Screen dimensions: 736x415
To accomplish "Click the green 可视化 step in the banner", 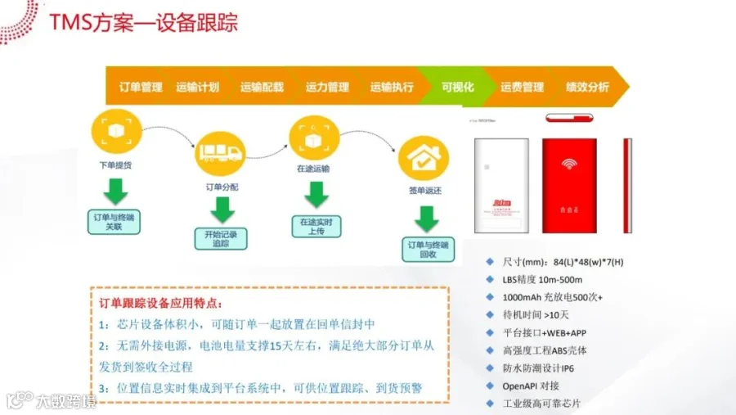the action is pyautogui.click(x=457, y=88).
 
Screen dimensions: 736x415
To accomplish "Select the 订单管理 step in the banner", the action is pyautogui.click(x=141, y=88).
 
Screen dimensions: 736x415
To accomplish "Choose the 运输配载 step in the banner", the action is pyautogui.click(x=262, y=88).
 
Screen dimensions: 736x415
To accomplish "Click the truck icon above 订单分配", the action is pyautogui.click(x=220, y=151).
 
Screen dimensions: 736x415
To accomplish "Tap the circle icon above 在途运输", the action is pyautogui.click(x=313, y=140).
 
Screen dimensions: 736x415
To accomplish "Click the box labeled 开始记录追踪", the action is pyautogui.click(x=220, y=239).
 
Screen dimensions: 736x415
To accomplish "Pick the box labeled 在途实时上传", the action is pyautogui.click(x=315, y=226).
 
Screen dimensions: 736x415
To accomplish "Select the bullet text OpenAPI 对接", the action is pyautogui.click(x=532, y=386).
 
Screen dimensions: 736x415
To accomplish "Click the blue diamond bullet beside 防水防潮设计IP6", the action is pyautogui.click(x=489, y=368).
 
